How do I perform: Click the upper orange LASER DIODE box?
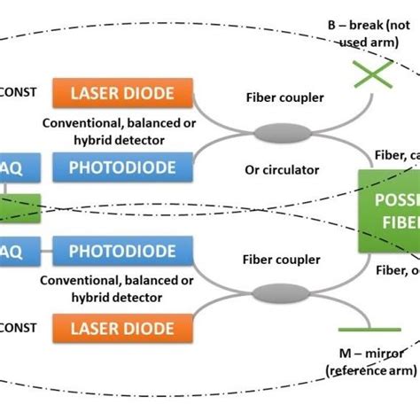tap(125, 91)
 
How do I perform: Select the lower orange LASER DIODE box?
tap(125, 328)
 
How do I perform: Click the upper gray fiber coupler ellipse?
tap(272, 133)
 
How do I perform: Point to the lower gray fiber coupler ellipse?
tap(272, 292)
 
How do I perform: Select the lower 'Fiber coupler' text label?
tap(279, 261)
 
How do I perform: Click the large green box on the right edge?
tap(388, 209)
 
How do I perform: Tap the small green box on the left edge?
tap(19, 210)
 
